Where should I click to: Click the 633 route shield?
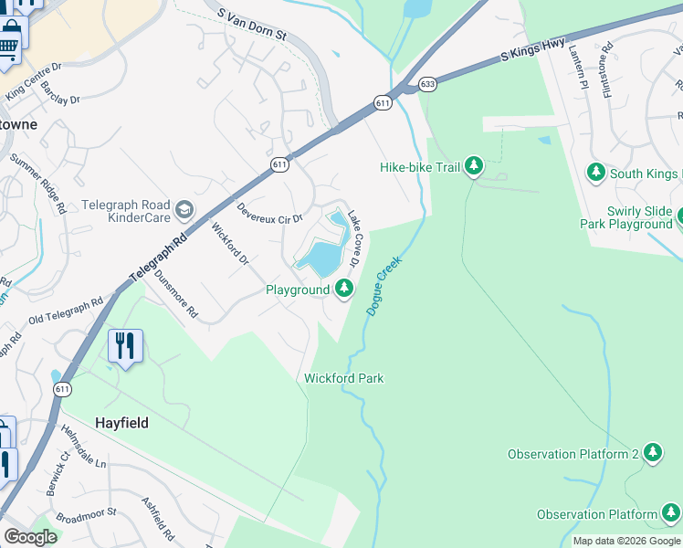click(x=427, y=84)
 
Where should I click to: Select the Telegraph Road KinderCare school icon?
click(x=185, y=211)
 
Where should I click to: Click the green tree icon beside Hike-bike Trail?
click(x=473, y=166)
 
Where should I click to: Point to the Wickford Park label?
click(x=343, y=378)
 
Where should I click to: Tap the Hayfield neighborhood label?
click(x=122, y=424)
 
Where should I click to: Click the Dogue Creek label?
click(x=384, y=286)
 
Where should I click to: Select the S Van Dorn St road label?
click(x=253, y=25)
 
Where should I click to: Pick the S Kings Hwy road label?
click(x=533, y=50)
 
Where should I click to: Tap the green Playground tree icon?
click(x=343, y=290)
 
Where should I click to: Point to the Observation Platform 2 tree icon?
click(x=652, y=454)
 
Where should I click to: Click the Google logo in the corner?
click(x=30, y=537)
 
